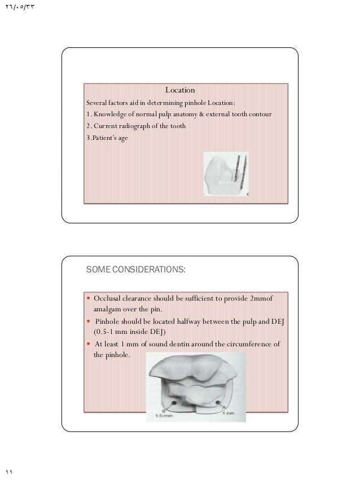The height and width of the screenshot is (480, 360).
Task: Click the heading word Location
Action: click(180, 90)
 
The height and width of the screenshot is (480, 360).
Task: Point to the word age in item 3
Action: click(122, 137)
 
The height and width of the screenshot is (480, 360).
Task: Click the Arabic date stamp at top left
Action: click(19, 6)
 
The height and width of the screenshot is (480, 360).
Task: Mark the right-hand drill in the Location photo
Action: click(245, 172)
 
